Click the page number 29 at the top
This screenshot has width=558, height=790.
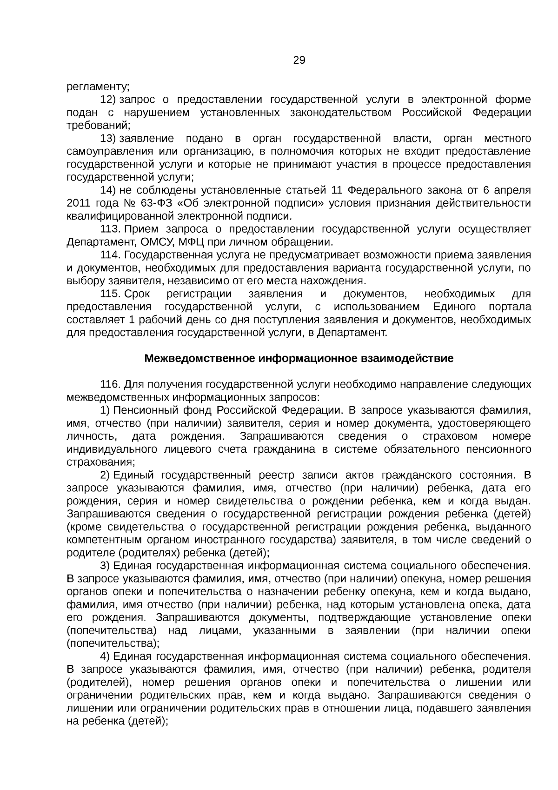point(299,60)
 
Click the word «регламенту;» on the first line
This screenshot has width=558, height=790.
point(98,87)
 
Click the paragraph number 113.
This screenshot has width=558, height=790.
point(111,229)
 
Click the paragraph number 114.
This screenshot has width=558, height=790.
point(111,255)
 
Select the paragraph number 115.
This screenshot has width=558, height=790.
point(111,294)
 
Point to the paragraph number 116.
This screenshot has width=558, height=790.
point(111,385)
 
